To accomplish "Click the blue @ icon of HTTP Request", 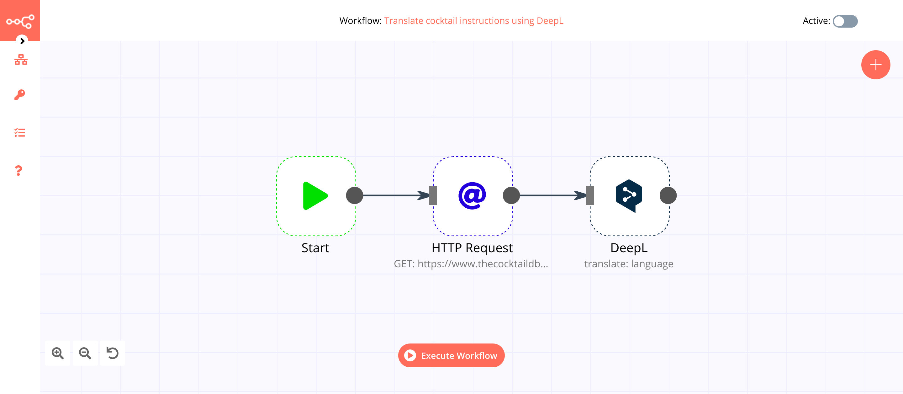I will pyautogui.click(x=472, y=196).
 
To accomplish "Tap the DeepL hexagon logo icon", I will pyautogui.click(x=629, y=196).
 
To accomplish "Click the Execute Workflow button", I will pyautogui.click(x=451, y=355).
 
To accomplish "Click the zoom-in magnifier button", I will pyautogui.click(x=57, y=353).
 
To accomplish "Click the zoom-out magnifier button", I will pyautogui.click(x=85, y=353).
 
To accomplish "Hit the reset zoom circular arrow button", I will pyautogui.click(x=112, y=353).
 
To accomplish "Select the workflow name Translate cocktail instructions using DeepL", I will pyautogui.click(x=473, y=21).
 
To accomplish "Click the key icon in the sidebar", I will pyautogui.click(x=20, y=95).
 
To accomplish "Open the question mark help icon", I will pyautogui.click(x=18, y=171).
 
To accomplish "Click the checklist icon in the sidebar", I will pyautogui.click(x=20, y=133).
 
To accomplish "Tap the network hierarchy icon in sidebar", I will pyautogui.click(x=21, y=60).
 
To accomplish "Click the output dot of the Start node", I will pyautogui.click(x=354, y=195).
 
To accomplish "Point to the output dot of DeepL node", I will pyautogui.click(x=668, y=195).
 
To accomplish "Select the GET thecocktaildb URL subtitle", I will pyautogui.click(x=470, y=264).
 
